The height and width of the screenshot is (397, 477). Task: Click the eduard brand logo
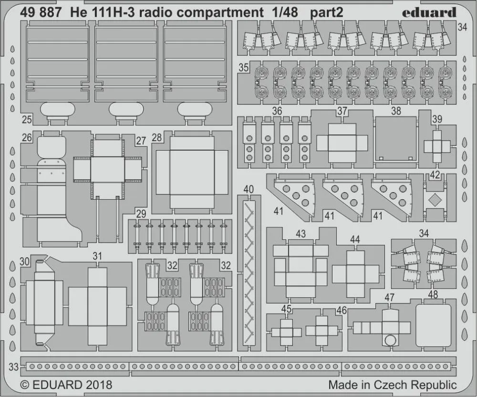429,12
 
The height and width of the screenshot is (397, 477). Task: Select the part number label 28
156,138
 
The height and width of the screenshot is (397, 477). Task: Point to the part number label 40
248,189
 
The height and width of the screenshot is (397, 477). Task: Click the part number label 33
14,366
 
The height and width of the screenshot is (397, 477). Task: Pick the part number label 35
244,68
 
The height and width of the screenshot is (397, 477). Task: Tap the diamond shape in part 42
434,200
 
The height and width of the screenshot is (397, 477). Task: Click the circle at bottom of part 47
391,340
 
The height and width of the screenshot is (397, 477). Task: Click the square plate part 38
395,138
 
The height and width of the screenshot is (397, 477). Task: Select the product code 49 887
41,13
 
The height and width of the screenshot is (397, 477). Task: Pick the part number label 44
355,240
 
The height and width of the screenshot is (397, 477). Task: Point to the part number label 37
342,111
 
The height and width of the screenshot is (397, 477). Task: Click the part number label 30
25,262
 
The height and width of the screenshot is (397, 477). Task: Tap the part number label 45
286,309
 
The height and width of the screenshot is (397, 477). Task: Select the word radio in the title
152,13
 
